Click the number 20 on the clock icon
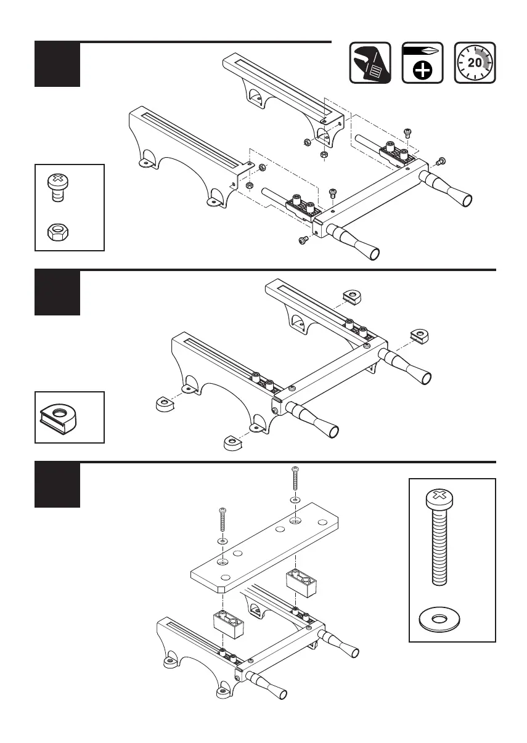click(x=475, y=62)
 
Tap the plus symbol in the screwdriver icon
click(x=423, y=71)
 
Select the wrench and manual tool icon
click(x=370, y=62)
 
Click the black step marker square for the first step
click(x=57, y=64)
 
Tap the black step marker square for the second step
click(x=57, y=292)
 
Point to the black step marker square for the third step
click(x=57, y=484)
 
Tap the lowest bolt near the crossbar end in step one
click(x=303, y=240)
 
